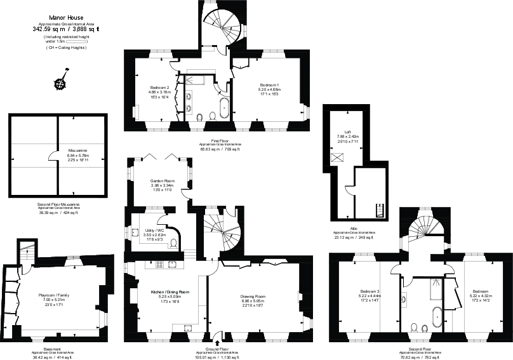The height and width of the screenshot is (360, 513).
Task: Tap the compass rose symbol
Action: (61, 83)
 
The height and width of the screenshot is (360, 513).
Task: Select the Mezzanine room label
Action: (77, 151)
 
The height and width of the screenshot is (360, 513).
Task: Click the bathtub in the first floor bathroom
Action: (224, 108)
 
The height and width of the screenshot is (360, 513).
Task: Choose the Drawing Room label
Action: (252, 296)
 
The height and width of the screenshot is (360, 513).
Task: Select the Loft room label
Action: (349, 131)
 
